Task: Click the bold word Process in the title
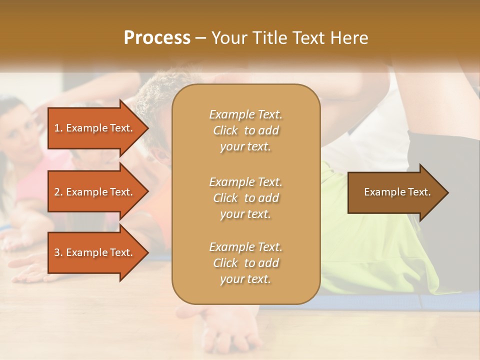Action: point(157,38)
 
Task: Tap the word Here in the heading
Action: point(349,38)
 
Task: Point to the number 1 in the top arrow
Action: point(57,128)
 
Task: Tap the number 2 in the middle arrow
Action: point(57,192)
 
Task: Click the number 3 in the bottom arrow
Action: point(57,252)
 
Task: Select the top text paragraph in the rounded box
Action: point(245,130)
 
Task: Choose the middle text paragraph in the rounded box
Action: point(245,198)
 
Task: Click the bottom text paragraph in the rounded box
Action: point(245,263)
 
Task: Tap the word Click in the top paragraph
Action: point(225,130)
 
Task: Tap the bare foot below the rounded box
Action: point(225,330)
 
